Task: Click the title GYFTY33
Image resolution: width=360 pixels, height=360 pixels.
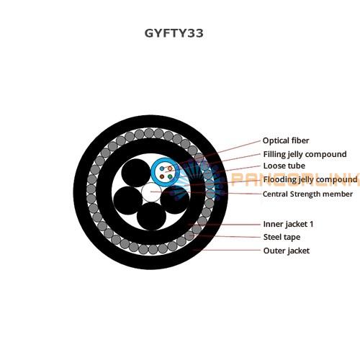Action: tap(174, 33)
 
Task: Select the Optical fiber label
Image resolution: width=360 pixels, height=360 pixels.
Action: tap(286, 140)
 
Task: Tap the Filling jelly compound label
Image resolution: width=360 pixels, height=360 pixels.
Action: tap(305, 154)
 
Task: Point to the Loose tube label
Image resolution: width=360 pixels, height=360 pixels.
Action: tap(284, 166)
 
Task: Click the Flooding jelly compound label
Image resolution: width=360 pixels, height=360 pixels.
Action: tap(310, 179)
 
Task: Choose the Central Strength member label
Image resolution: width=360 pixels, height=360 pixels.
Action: tap(307, 194)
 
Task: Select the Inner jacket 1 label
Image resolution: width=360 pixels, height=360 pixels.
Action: tap(288, 224)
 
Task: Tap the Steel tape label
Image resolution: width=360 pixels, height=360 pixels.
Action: tap(282, 238)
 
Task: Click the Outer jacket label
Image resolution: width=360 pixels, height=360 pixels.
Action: tap(287, 251)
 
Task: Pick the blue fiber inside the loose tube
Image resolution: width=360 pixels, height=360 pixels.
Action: tap(162, 168)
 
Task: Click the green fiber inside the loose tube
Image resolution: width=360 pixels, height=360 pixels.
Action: tap(170, 177)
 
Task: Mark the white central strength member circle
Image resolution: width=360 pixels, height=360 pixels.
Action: tap(151, 192)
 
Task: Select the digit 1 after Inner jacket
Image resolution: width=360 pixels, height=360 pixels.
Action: tap(312, 224)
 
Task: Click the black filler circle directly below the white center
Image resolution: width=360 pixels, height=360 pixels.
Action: tap(151, 216)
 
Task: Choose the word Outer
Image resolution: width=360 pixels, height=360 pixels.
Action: tap(274, 251)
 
